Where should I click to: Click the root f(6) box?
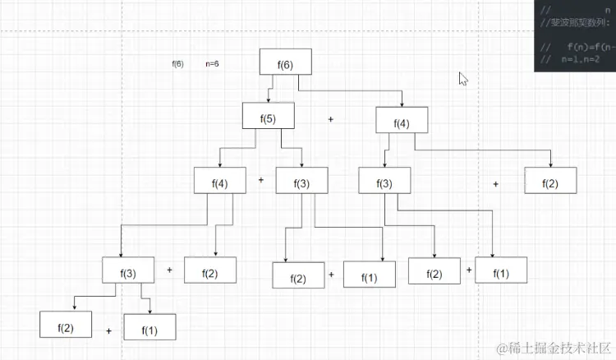click(285, 64)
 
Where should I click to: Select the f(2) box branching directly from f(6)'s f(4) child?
click(550, 182)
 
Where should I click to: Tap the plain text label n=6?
click(211, 63)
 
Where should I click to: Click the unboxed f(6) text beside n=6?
click(177, 63)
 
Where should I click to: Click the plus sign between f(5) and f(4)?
click(331, 119)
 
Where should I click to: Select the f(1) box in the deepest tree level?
click(149, 329)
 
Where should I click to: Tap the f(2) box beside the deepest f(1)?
click(66, 325)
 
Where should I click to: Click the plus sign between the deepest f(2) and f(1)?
click(108, 331)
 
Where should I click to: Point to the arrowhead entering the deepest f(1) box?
click(149, 312)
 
